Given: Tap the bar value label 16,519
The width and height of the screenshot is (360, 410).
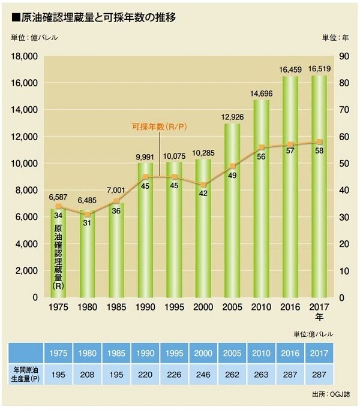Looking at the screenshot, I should tap(318, 70).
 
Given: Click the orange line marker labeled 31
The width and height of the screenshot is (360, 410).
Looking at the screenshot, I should tap(88, 214).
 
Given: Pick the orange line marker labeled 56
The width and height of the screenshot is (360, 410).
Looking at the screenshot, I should tap(262, 147).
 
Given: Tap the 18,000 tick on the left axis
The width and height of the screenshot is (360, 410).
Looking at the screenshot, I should tap(25, 56).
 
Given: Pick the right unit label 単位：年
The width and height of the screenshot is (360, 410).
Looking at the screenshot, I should tap(335, 38).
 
